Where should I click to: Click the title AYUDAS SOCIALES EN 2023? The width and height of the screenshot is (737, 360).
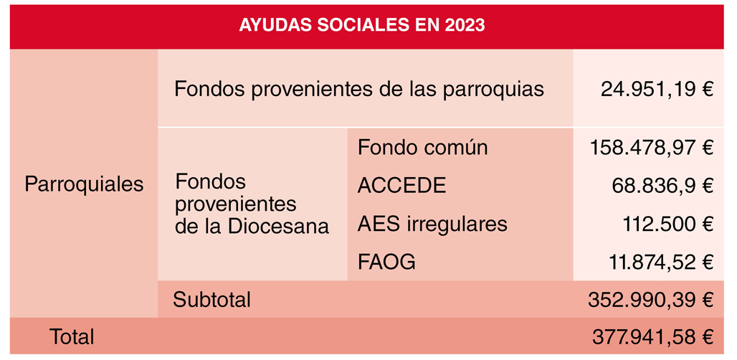click(361, 25)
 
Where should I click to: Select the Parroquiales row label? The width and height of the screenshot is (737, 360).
click(84, 184)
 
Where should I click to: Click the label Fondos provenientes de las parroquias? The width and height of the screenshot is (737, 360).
click(359, 90)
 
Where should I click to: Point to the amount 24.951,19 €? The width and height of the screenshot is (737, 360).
click(657, 90)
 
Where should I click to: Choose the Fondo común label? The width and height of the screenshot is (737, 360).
click(422, 148)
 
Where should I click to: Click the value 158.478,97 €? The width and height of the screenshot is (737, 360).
click(650, 148)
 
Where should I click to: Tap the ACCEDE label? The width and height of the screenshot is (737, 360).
click(401, 186)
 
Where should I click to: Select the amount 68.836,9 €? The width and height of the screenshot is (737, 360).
click(662, 186)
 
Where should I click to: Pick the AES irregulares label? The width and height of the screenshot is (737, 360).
click(432, 224)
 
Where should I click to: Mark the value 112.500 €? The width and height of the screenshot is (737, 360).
click(668, 224)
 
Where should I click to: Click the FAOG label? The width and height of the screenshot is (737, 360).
click(386, 262)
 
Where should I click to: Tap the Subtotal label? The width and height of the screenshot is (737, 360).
click(211, 300)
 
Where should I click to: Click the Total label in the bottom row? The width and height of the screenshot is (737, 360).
click(72, 337)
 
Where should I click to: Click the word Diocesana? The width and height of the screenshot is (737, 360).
click(278, 227)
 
